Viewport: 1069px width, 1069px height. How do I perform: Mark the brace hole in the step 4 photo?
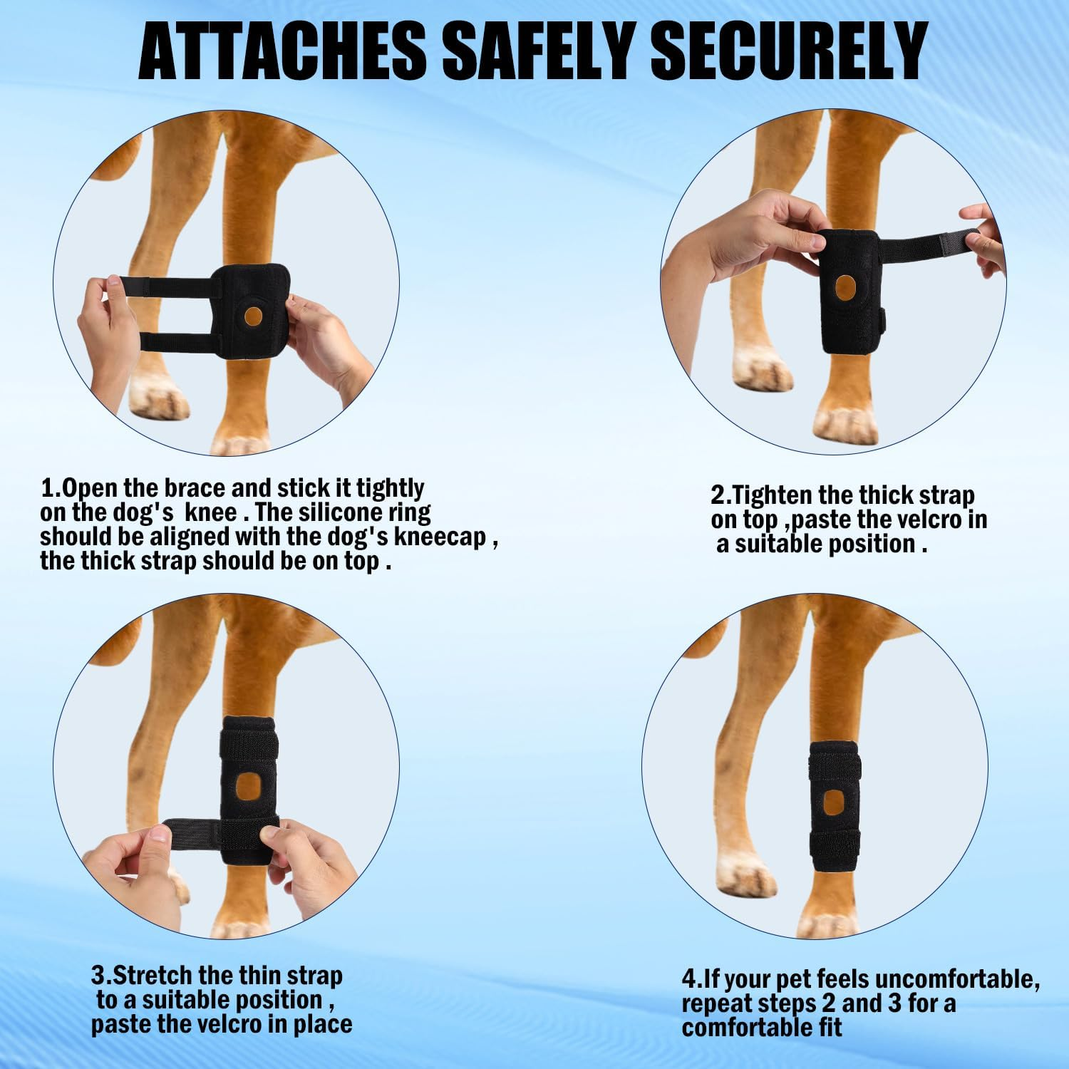click(833, 802)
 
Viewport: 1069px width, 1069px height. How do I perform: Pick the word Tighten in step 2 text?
click(773, 495)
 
